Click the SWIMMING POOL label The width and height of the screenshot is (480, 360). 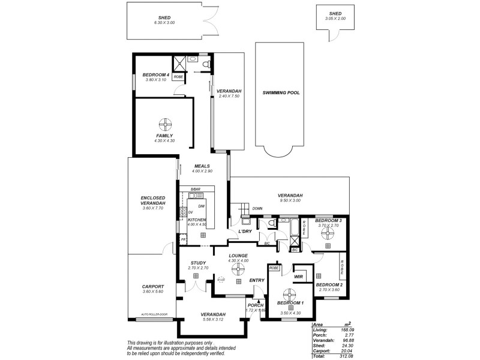click(x=281, y=93)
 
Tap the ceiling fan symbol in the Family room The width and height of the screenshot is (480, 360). click(x=164, y=124)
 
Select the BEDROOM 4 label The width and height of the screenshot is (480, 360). click(x=155, y=75)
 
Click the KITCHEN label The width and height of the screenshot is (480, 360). click(x=197, y=220)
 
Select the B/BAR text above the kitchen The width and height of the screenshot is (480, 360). click(x=195, y=190)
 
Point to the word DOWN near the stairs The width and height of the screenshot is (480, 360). click(x=257, y=209)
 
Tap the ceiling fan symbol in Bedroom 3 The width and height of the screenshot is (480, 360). click(x=328, y=235)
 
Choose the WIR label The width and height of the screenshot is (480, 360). click(x=298, y=276)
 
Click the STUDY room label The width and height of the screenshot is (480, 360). click(x=198, y=263)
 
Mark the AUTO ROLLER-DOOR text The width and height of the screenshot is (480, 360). click(x=153, y=314)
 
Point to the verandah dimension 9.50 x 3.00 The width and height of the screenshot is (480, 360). click(x=290, y=200)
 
